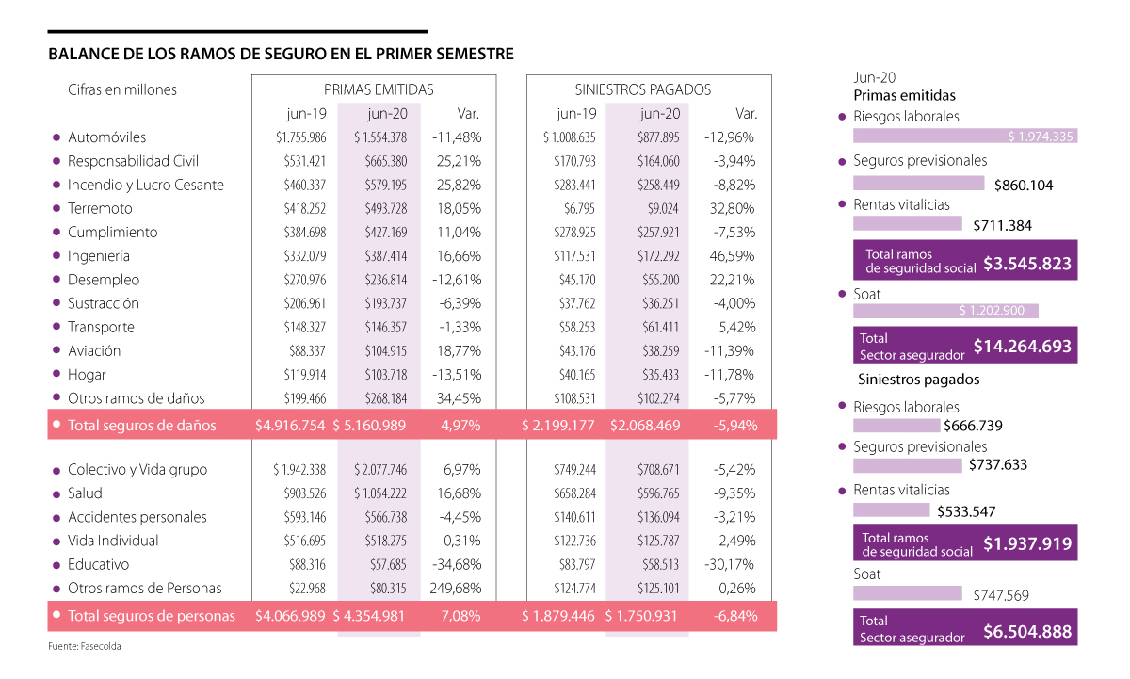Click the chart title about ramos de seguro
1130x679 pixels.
[x=281, y=55]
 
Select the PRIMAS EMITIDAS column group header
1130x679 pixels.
[x=379, y=89]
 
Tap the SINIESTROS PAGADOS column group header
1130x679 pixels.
[x=643, y=89]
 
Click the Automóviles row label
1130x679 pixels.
[x=106, y=137]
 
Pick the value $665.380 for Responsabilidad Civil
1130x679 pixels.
[x=387, y=161]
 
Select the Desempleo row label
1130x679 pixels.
[x=103, y=280]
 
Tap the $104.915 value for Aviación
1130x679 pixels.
[x=387, y=351]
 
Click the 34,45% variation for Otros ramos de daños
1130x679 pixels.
[x=459, y=398]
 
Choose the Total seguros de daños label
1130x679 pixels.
[x=141, y=426]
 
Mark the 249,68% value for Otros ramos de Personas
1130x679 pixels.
[x=455, y=589]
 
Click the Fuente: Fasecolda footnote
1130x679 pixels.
[x=85, y=647]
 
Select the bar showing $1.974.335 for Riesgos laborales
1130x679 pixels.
[x=964, y=137]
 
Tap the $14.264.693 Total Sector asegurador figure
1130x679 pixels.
[x=1022, y=347]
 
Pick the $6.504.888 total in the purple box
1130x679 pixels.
[x=1026, y=631]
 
